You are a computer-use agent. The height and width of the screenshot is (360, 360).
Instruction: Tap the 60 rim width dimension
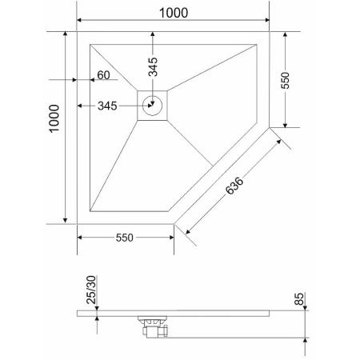click(103, 75)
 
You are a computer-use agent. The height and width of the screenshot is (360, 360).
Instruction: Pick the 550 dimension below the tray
click(124, 238)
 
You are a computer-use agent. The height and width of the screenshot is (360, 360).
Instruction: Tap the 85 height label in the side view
click(299, 300)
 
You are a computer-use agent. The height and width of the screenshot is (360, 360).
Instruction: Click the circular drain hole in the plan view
click(153, 104)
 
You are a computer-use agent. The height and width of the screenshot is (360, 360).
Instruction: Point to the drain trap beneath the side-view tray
click(153, 327)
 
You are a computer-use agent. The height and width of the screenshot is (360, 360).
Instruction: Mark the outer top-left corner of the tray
click(78, 32)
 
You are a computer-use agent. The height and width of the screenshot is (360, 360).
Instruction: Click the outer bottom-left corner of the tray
click(78, 224)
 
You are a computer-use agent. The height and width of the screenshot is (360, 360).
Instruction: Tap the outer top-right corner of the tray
click(270, 32)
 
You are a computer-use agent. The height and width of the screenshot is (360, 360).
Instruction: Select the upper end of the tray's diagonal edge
click(270, 127)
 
